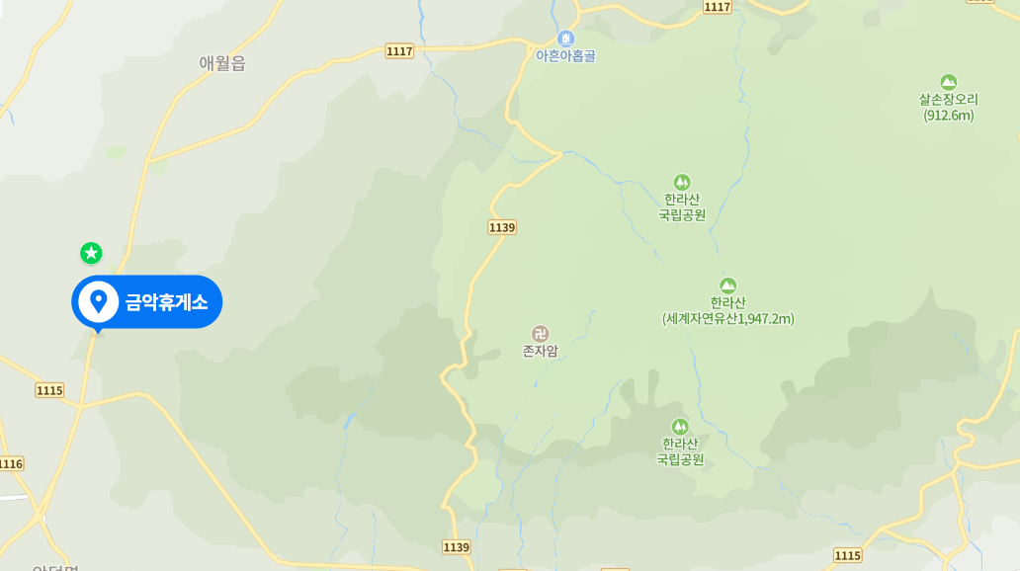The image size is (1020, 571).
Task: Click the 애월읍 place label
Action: (221, 63)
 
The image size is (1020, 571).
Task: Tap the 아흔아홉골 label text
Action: (565, 56)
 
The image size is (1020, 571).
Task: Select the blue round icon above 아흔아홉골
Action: (565, 39)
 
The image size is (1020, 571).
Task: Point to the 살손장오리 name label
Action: (948, 100)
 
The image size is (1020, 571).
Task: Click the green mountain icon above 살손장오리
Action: (949, 82)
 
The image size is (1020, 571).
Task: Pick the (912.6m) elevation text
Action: (949, 116)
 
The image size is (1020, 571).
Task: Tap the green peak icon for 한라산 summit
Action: (728, 285)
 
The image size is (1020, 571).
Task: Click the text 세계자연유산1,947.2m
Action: (728, 319)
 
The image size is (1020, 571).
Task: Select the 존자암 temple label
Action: (540, 351)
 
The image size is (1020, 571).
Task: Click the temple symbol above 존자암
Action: (540, 333)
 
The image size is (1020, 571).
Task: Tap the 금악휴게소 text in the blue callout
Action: (166, 301)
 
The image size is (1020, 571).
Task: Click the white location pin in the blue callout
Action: (98, 300)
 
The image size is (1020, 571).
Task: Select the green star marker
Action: (91, 253)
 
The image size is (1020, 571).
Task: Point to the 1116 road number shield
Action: (10, 463)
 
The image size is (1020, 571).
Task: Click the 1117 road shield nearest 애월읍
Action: (399, 50)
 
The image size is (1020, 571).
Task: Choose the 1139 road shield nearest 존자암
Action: (502, 227)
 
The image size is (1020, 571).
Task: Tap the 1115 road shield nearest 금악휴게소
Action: (49, 390)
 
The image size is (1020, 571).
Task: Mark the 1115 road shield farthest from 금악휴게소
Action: (847, 555)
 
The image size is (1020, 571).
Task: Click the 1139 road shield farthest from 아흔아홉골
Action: (457, 546)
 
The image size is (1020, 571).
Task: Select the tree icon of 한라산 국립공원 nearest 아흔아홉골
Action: (682, 182)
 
